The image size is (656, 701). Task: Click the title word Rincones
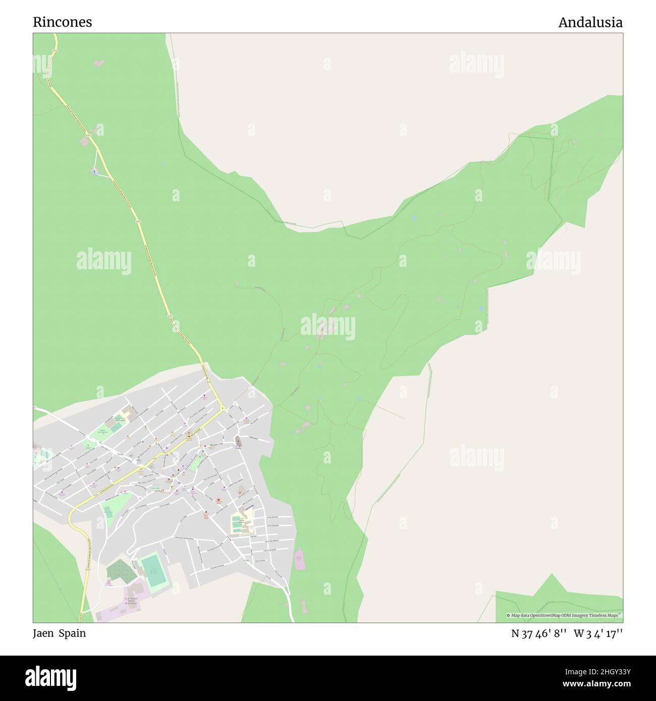coord(63,22)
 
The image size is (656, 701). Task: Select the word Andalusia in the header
coord(590,22)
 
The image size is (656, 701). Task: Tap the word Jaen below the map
coord(44,633)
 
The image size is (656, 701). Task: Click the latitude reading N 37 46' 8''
coord(539,633)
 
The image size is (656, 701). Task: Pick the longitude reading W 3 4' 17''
coord(598,633)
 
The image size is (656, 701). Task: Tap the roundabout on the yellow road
coord(222,407)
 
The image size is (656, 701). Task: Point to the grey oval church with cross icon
coord(238,442)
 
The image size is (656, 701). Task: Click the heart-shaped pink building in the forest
coord(99,63)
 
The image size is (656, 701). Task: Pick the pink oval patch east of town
coord(299,558)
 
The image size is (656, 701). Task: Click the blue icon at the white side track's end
coord(94,171)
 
